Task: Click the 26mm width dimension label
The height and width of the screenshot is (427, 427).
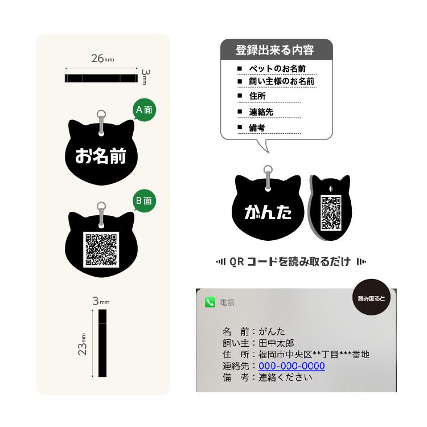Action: [102, 59]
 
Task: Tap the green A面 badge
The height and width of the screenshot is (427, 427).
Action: [143, 110]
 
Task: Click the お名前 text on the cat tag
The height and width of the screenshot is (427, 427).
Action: [101, 155]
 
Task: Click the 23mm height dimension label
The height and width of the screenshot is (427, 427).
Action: [83, 344]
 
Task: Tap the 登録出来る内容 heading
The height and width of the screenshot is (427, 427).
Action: [274, 50]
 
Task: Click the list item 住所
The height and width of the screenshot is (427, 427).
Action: [257, 96]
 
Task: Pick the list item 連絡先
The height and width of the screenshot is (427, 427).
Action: [261, 112]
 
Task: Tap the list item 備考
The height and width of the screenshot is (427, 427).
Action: [257, 128]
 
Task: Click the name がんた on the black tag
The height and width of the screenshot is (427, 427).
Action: [268, 212]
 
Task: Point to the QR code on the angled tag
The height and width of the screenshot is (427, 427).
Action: [331, 212]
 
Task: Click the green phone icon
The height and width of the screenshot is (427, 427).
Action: [210, 302]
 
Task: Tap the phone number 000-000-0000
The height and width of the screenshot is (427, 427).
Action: [291, 366]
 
